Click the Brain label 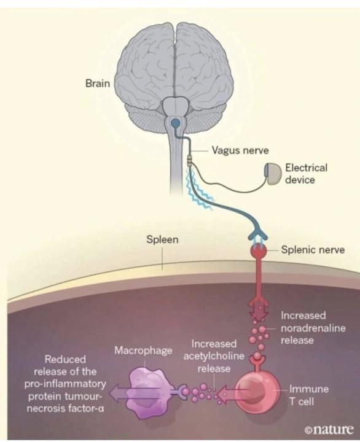click(96, 83)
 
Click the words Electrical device click(306, 174)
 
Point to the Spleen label click(162, 239)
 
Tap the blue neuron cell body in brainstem click(176, 124)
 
